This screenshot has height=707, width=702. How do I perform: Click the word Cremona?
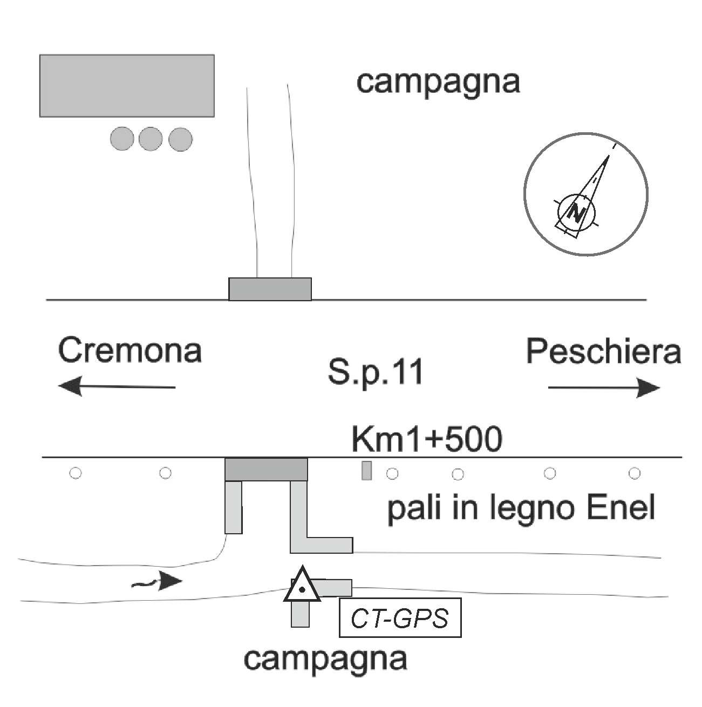[130, 351]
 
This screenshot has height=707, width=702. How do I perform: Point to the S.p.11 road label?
[376, 373]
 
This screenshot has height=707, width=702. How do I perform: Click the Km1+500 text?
[427, 439]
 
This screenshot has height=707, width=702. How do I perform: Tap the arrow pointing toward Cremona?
[117, 387]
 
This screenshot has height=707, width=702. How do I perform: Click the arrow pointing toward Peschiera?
[604, 388]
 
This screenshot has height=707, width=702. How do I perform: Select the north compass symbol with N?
[585, 194]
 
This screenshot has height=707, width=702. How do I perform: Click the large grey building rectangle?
[127, 86]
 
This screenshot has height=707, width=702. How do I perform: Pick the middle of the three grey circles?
[151, 139]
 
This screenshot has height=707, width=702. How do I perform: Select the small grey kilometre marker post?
[366, 471]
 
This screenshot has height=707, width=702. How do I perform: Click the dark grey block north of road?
[270, 289]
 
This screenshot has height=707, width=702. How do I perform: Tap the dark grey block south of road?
[266, 469]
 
